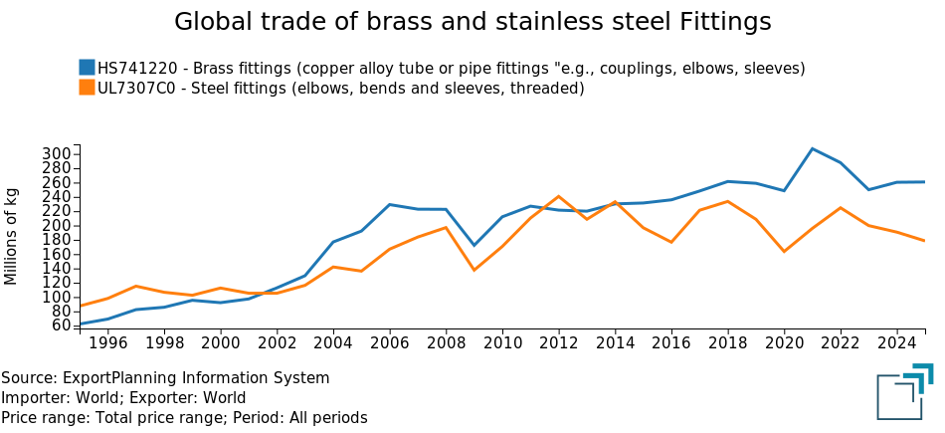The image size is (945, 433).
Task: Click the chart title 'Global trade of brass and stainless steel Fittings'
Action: click(x=472, y=22)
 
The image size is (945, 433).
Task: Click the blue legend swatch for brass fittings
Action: click(x=87, y=68)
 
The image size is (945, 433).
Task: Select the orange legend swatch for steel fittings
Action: click(x=87, y=89)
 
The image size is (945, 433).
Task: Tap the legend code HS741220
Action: click(x=137, y=69)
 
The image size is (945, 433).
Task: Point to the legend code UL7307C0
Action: click(x=139, y=89)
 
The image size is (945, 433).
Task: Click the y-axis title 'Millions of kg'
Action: click(x=12, y=235)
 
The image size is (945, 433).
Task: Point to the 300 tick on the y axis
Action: click(x=58, y=154)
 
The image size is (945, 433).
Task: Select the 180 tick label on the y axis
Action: click(x=58, y=240)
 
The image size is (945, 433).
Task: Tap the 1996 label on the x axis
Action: click(x=107, y=341)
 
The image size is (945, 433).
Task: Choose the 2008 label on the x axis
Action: click(x=446, y=341)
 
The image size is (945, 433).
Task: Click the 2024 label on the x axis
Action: click(x=897, y=341)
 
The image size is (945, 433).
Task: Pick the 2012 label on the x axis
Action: click(x=558, y=341)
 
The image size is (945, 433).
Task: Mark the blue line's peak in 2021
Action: click(x=813, y=148)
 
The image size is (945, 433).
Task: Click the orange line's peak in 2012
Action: click(x=558, y=196)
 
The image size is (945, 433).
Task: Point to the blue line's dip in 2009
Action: click(x=473, y=246)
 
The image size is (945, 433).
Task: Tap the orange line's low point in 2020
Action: click(x=784, y=252)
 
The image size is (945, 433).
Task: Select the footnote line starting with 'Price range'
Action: click(x=184, y=418)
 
